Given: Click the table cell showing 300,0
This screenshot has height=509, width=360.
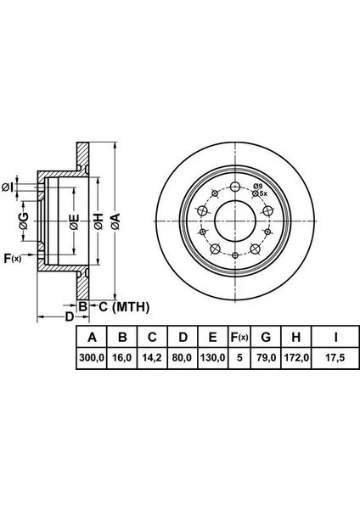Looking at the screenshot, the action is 92,358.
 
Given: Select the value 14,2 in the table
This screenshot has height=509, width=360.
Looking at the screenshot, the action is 152,358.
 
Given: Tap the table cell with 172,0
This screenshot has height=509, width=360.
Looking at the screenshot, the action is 296,358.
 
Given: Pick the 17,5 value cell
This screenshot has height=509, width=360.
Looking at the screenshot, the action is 335,358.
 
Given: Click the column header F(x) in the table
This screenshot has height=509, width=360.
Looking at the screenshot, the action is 239,338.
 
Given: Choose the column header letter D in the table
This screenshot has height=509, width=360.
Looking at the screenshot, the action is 183,338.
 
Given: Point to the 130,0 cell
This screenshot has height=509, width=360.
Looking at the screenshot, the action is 212,358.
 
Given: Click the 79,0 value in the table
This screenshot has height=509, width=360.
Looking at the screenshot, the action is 266,358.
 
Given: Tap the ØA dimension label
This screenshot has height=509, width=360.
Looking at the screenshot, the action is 115,221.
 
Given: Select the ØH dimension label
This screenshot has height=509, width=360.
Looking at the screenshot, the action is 98,221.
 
